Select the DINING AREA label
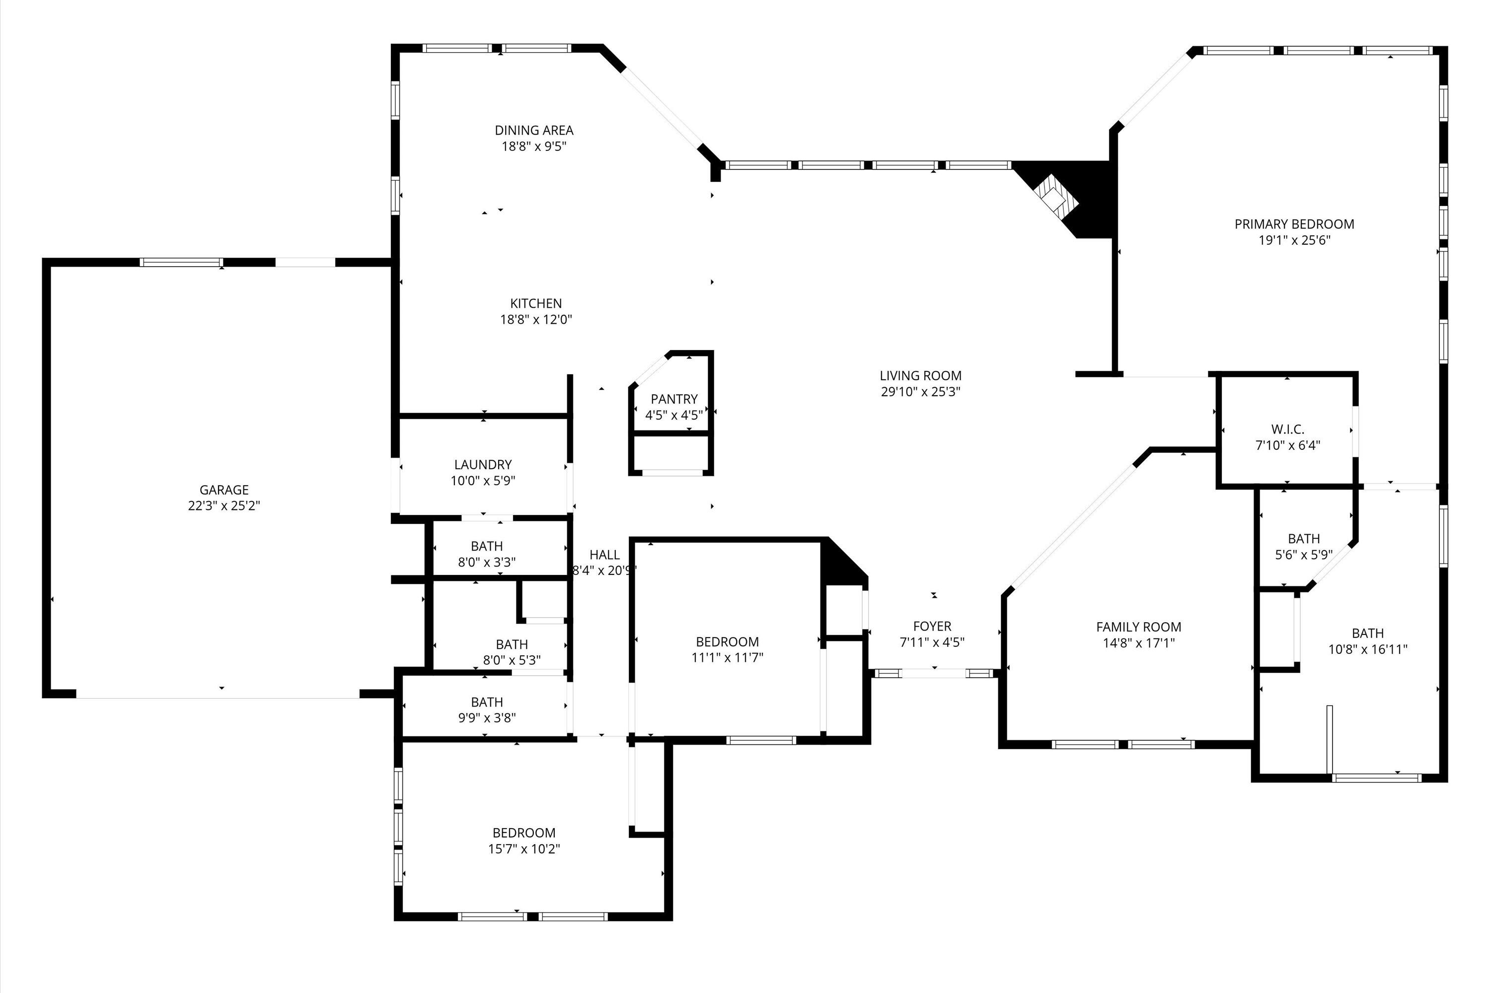[x=533, y=131]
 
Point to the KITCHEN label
[x=535, y=303]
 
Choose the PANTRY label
[x=673, y=399]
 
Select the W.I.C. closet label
[x=1287, y=429]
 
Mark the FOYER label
[x=932, y=626]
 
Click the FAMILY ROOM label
[x=1138, y=627]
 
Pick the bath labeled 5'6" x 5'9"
[x=1303, y=539]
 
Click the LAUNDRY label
[x=483, y=465]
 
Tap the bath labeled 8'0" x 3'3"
[x=487, y=546]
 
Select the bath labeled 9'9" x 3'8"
[x=487, y=703]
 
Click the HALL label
[x=604, y=555]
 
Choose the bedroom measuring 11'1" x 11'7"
[x=727, y=641]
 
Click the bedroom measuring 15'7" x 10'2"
[x=523, y=833]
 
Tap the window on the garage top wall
[x=181, y=262]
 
